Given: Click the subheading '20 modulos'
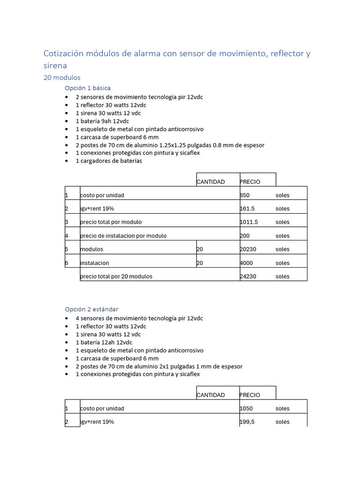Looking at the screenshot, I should point(62,77).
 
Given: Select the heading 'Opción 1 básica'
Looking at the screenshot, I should point(88,88).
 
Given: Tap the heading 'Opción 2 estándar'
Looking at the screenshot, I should point(91,309).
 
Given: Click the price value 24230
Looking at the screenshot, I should point(248,276).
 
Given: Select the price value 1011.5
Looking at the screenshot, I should point(248,222).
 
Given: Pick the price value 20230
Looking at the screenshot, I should point(248,249).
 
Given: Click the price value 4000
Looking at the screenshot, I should point(247,263).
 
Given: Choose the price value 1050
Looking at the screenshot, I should point(246,408).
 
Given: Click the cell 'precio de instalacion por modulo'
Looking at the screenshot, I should point(123,236).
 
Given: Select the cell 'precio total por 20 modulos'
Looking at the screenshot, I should point(116,276).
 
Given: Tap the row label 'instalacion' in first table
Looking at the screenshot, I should point(95,263).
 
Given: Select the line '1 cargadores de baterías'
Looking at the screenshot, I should point(109,161).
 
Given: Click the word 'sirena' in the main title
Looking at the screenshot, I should point(55,66).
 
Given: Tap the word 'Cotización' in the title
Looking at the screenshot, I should point(63,53).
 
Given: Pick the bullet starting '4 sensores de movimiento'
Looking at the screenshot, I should point(139,318).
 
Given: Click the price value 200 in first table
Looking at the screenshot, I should point(245,236).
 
